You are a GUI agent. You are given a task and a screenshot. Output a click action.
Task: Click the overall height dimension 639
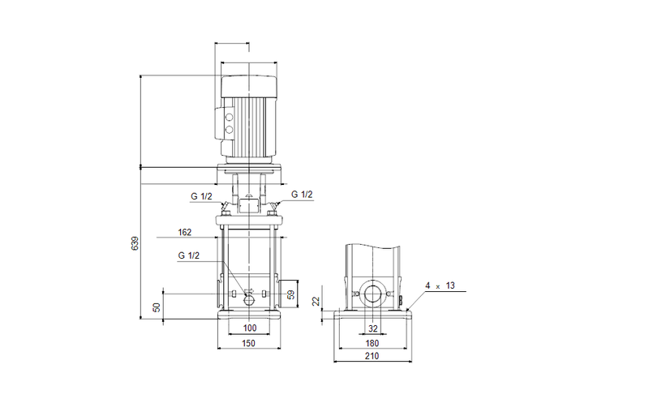[x=135, y=243]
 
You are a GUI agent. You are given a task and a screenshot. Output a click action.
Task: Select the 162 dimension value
[x=184, y=233]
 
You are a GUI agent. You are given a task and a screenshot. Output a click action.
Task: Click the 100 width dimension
[x=249, y=328]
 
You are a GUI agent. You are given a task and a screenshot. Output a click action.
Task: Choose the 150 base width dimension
[x=249, y=344]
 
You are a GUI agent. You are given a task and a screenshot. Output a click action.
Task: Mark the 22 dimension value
[x=316, y=301]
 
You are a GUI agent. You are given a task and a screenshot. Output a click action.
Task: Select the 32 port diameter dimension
[x=373, y=328]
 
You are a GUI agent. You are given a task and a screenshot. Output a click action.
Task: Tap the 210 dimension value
[x=373, y=356]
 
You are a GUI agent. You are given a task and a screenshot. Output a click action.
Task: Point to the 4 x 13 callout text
[x=440, y=285]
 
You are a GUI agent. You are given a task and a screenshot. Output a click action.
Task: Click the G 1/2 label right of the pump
[x=301, y=194]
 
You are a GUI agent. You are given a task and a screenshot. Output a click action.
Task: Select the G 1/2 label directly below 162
[x=188, y=255]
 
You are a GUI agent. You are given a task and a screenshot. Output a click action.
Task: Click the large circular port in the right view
[x=374, y=294]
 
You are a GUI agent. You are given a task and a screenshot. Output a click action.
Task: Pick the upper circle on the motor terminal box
[x=228, y=116]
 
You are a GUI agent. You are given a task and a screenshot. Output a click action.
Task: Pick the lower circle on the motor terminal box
[x=228, y=129]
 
